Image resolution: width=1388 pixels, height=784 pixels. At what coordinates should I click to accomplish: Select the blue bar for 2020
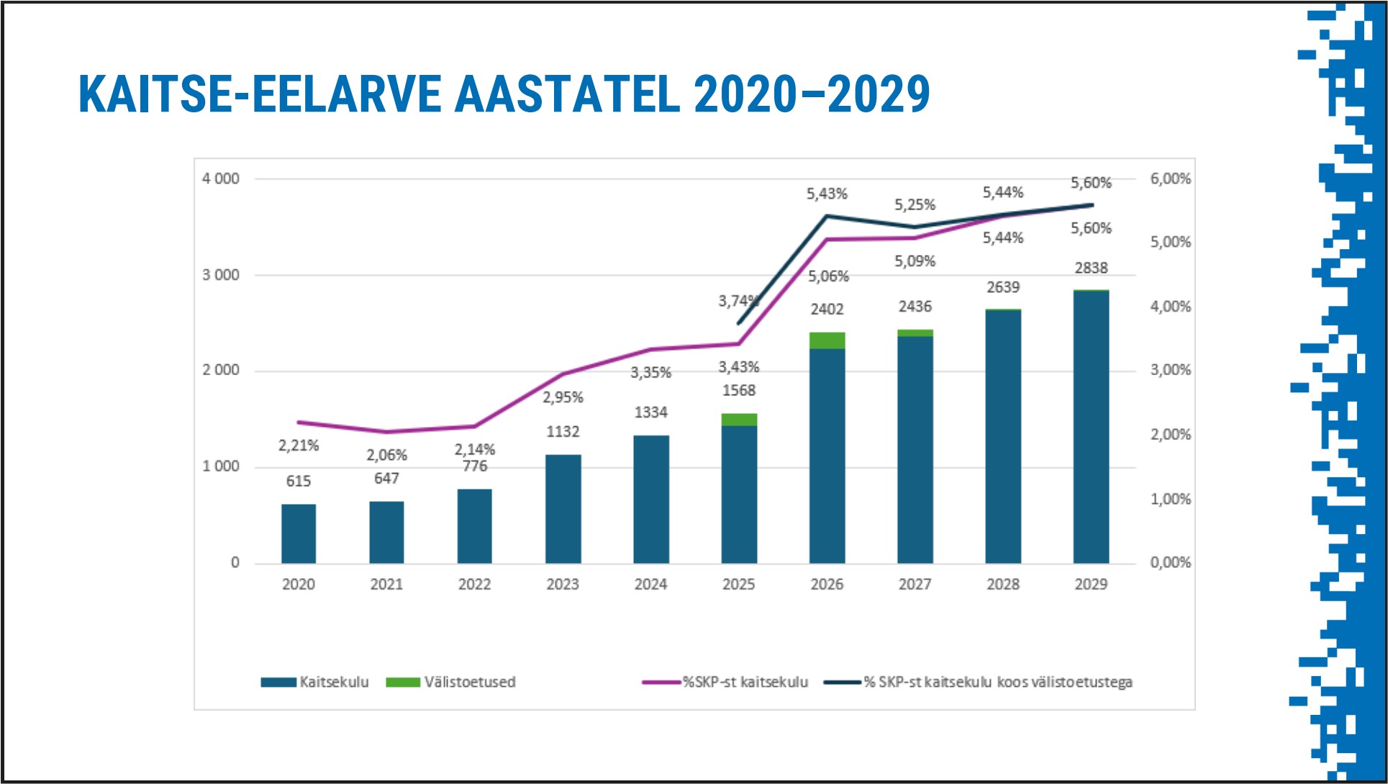click(299, 533)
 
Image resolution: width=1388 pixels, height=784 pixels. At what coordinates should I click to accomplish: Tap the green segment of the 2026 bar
click(827, 341)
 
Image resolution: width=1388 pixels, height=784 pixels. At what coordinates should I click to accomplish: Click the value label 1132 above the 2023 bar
click(563, 431)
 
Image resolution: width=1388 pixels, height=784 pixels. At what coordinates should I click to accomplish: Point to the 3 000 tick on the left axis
click(220, 275)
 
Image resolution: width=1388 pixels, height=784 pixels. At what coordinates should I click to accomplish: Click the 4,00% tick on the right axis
click(1170, 307)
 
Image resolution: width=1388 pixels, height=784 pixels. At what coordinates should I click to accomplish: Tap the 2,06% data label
click(386, 455)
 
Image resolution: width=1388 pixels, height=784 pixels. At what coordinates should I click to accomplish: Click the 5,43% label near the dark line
click(827, 194)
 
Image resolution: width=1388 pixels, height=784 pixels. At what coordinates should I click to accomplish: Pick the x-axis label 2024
click(650, 584)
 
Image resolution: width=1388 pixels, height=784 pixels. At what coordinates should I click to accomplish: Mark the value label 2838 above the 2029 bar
click(1091, 268)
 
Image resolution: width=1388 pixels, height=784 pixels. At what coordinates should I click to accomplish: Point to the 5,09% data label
click(915, 261)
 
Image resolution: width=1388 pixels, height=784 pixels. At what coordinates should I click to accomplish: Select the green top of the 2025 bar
click(739, 420)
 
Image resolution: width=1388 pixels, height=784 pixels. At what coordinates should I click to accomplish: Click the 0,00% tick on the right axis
click(1170, 562)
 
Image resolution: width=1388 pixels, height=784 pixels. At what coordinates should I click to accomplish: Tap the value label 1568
click(739, 390)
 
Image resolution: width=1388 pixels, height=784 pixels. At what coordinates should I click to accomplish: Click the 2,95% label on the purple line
click(563, 397)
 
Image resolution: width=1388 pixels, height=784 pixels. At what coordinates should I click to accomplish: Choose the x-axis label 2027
click(915, 584)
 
